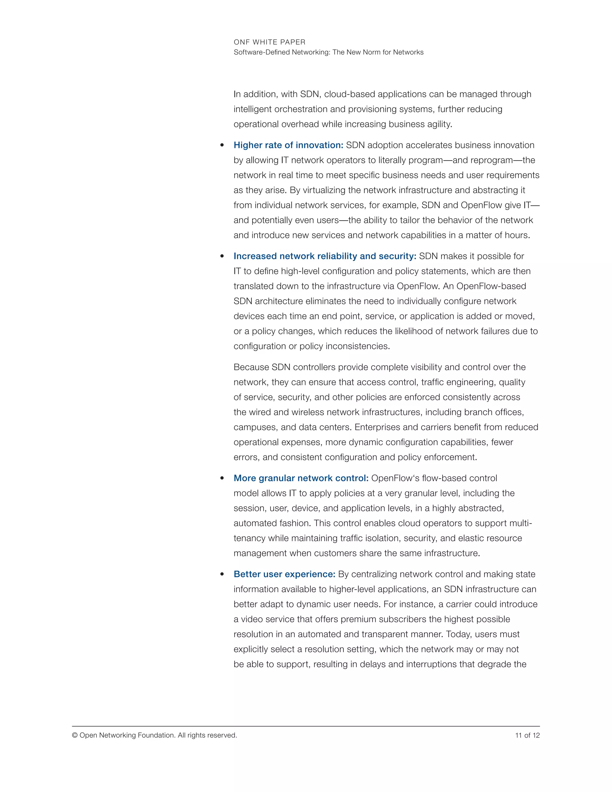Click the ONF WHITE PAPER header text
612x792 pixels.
tap(269, 42)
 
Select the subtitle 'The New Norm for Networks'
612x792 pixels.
tap(378, 52)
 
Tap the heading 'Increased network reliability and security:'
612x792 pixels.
tap(325, 256)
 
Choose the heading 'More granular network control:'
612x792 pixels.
tap(301, 478)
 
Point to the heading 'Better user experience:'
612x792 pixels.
tap(284, 574)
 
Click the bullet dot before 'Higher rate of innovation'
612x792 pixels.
tap(222, 146)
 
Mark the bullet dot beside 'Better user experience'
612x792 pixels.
tap(222, 574)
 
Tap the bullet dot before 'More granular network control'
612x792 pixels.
tap(222, 478)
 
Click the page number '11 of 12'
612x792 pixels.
tap(527, 736)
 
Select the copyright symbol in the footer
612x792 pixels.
tap(75, 736)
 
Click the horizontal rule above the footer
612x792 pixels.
tap(306, 726)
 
